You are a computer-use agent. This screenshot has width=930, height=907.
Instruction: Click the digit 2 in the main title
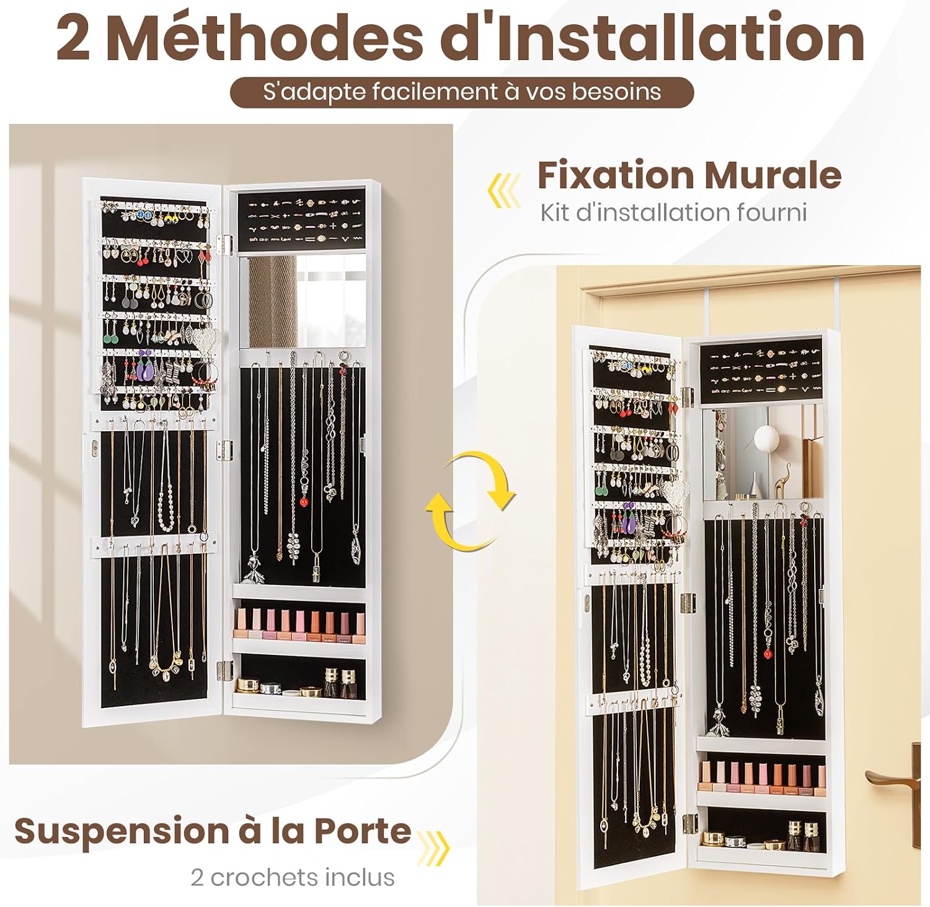point(73,39)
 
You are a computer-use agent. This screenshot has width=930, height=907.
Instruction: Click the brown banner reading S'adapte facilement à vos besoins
point(462,92)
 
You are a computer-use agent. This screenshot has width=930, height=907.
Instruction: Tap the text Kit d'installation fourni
point(673,213)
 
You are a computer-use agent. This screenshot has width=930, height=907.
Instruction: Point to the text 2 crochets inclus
point(292,877)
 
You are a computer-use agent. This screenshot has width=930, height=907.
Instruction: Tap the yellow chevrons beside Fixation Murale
point(505,190)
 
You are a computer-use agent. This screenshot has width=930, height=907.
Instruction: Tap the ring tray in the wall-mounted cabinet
point(301,219)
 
